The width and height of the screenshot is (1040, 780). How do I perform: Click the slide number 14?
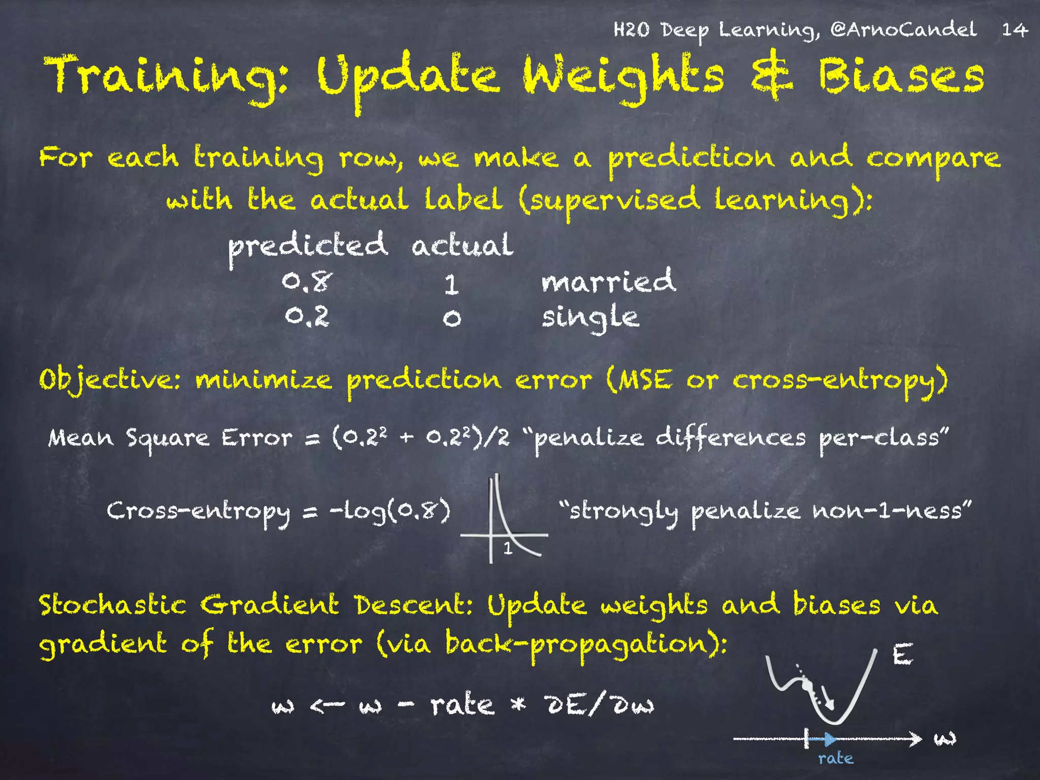point(1014,30)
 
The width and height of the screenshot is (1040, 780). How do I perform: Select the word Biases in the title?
point(901,76)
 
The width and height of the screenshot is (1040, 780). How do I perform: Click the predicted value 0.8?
point(307,281)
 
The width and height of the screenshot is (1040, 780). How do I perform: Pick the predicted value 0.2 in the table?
point(307,317)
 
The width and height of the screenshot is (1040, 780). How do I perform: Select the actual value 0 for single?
point(451,318)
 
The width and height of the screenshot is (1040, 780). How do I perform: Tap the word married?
point(608,281)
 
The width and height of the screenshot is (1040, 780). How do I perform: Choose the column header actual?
point(462,245)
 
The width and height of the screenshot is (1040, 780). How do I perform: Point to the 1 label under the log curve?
point(507,548)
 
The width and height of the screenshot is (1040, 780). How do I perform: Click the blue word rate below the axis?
point(835,759)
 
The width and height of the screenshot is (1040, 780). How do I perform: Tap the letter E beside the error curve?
point(902,655)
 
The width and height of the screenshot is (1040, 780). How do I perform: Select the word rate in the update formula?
point(462,705)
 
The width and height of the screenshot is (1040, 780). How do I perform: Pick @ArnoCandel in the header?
point(903,29)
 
